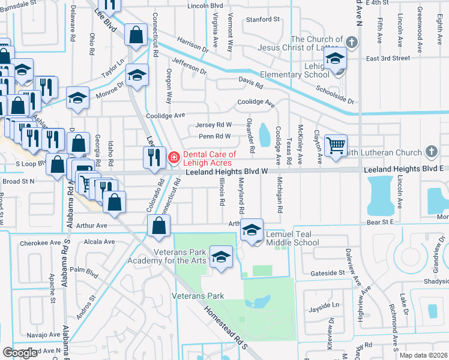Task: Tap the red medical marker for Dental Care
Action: [x=174, y=158]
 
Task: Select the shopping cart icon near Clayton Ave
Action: [x=336, y=145]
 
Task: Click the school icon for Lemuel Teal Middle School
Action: [x=252, y=230]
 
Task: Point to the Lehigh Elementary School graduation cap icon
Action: [x=335, y=59]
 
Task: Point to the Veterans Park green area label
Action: [x=197, y=296]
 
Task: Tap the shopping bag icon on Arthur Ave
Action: [x=158, y=226]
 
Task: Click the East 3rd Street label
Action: [x=388, y=58]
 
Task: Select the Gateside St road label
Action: [x=328, y=272]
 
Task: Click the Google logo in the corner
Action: [x=20, y=353]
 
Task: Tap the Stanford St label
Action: [x=263, y=19]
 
